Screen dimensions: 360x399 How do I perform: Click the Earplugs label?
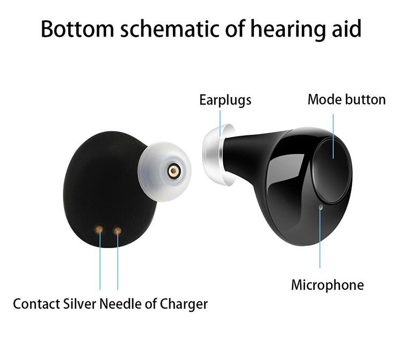tap(226, 100)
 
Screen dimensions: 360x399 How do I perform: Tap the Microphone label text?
tap(327, 284)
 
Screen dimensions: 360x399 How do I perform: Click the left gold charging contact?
tap(99, 230)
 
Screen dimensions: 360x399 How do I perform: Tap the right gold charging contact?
tap(117, 230)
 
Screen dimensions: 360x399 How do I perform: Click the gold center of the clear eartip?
tap(173, 171)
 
